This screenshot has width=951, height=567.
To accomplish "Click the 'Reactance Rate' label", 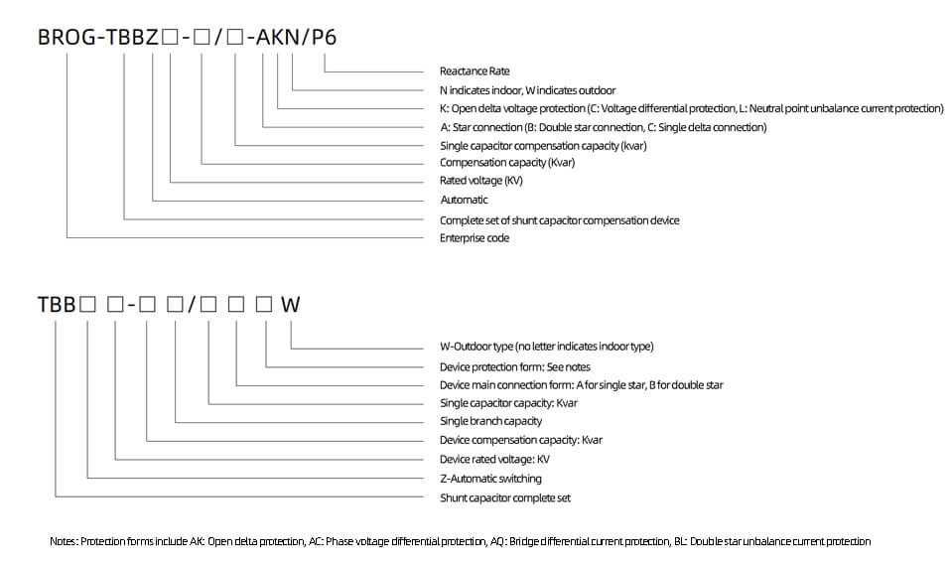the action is tap(475, 71).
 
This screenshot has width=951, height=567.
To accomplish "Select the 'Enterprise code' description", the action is tap(475, 237).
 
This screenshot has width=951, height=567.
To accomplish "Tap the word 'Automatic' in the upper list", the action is tap(464, 200).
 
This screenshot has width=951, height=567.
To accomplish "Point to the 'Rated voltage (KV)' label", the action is tap(480, 180).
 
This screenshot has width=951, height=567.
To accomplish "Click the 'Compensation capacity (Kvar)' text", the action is tap(507, 162).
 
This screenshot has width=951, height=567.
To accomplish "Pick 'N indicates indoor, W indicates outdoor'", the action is tap(528, 90).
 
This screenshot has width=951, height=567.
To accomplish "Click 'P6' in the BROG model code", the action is tap(324, 37).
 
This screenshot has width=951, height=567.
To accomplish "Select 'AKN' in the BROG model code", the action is tap(278, 37).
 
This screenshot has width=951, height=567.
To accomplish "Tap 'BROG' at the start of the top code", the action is tap(67, 37).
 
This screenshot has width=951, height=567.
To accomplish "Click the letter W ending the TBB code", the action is tap(291, 304).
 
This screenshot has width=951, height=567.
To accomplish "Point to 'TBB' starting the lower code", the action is tap(57, 304).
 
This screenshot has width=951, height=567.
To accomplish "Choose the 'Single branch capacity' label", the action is tap(490, 421).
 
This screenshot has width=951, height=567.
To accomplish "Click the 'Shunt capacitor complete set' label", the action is tap(505, 497).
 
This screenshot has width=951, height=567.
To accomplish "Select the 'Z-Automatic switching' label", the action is tap(490, 479).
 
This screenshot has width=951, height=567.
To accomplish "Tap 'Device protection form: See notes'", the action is tap(515, 366).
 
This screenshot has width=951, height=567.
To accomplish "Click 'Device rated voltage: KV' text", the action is tap(495, 459).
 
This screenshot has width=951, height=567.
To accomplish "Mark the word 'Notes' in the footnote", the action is tap(64, 541).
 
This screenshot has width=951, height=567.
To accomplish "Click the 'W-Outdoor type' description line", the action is tap(546, 347).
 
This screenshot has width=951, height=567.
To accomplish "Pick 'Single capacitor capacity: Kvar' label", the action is tap(508, 403).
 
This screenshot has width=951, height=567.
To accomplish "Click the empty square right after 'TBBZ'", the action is tap(170, 38).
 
